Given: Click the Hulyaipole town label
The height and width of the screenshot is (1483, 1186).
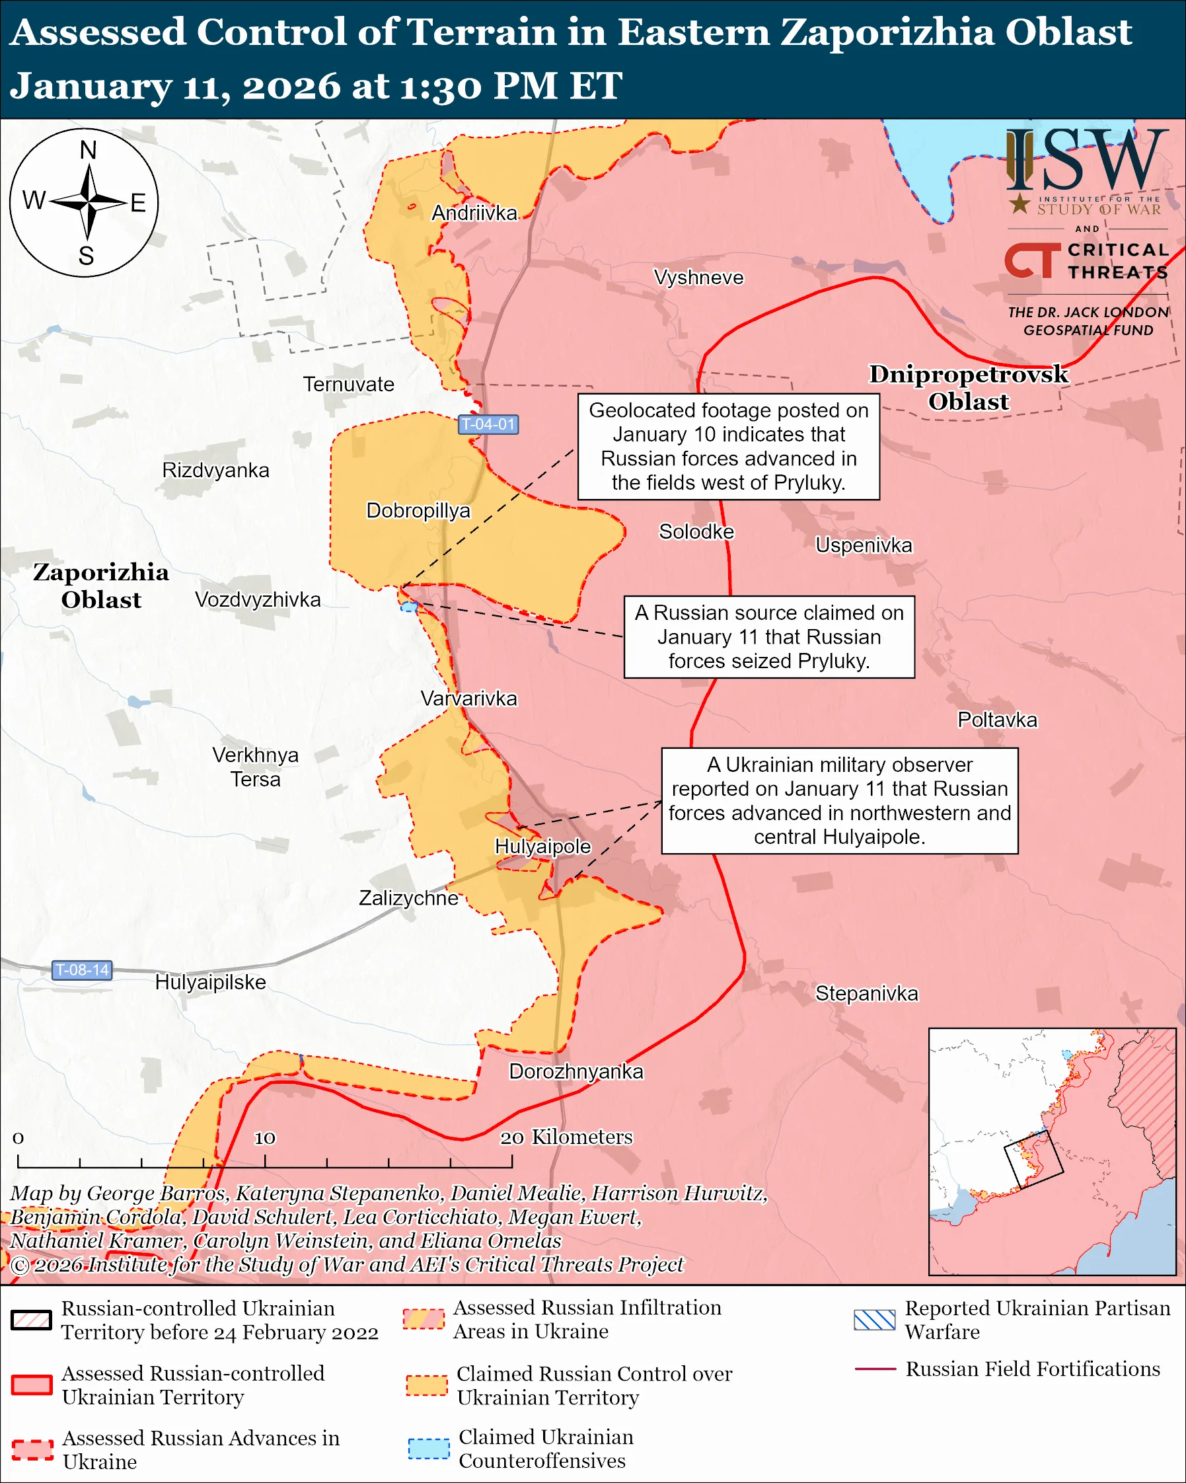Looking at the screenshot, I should [542, 846].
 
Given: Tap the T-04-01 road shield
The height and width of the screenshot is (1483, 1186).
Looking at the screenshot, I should [488, 424].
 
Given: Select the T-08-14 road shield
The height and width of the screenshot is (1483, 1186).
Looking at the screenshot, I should [82, 970].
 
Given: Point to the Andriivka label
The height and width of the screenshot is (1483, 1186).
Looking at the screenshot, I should [474, 213].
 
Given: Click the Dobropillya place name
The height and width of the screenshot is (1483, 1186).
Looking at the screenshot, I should [418, 510].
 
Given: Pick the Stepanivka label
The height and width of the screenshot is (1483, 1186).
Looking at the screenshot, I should [866, 993].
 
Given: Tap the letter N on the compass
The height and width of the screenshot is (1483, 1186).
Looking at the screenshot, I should [88, 150].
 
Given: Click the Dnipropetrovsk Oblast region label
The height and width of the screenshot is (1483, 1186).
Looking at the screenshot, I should [968, 387].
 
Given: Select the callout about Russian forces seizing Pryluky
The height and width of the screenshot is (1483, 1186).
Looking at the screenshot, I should [768, 637].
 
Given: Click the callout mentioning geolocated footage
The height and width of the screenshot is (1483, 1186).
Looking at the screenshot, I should [728, 446].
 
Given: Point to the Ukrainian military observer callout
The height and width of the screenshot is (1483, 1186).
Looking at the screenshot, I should [839, 801].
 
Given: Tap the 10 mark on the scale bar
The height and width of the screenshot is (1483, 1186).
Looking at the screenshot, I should [265, 1139].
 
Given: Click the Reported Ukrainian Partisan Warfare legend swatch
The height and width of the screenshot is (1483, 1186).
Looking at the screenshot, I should [874, 1320].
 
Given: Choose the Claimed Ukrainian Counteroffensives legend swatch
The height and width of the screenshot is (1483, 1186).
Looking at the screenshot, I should [428, 1448].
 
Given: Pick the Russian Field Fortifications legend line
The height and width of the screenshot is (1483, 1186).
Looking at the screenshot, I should [875, 1369].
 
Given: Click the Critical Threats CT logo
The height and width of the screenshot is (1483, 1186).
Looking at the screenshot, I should [1032, 260].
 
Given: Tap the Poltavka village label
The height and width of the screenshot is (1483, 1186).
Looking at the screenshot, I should [997, 720].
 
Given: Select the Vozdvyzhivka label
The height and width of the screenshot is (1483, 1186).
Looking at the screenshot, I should [258, 600].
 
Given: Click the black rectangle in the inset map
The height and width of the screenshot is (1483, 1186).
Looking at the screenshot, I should [1033, 1159].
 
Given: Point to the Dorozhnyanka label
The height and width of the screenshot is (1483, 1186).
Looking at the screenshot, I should [575, 1072].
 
